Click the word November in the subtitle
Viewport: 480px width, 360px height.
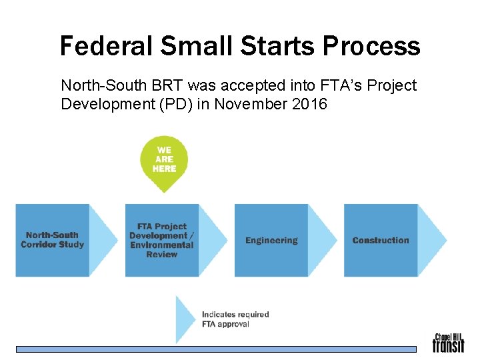click(x=247, y=104)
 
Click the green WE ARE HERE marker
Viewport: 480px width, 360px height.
click(x=164, y=160)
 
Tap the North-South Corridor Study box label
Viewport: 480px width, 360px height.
click(x=52, y=240)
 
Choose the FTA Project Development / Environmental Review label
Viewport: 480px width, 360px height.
click(x=162, y=240)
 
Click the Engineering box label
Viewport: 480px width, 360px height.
click(x=271, y=240)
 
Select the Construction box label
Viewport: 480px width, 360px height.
click(x=381, y=240)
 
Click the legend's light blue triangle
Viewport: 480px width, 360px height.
click(x=185, y=319)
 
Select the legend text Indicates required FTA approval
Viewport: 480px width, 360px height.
click(x=235, y=319)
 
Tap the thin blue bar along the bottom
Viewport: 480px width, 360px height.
click(x=216, y=349)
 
